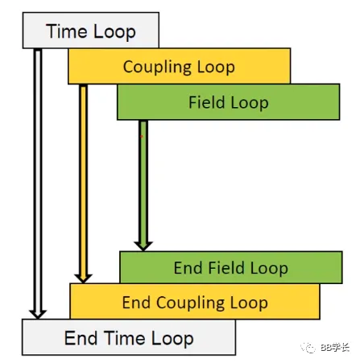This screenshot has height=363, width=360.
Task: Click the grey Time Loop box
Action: (x=91, y=31)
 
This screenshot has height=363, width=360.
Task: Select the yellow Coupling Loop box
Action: (x=179, y=66)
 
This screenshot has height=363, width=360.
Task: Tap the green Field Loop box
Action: (x=229, y=102)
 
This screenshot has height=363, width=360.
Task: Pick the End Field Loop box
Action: (x=231, y=267)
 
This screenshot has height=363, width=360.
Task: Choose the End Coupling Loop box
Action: (x=195, y=302)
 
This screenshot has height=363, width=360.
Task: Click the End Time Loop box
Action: (x=129, y=337)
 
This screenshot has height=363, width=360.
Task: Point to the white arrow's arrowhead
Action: (x=38, y=314)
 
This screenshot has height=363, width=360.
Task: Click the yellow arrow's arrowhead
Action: (x=83, y=278)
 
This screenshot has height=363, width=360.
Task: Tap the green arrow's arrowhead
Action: (x=143, y=246)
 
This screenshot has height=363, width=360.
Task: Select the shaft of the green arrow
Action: (x=143, y=181)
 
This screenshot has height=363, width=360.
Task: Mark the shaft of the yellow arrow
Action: (x=83, y=179)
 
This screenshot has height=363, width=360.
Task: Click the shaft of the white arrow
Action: (x=38, y=179)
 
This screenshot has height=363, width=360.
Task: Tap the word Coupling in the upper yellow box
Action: (x=157, y=68)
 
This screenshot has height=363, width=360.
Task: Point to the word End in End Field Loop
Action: (x=188, y=268)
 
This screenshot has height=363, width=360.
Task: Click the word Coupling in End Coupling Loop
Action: (x=190, y=303)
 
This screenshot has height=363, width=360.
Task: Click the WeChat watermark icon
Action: (x=308, y=348)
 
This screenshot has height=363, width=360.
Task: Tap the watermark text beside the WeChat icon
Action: (x=335, y=348)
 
